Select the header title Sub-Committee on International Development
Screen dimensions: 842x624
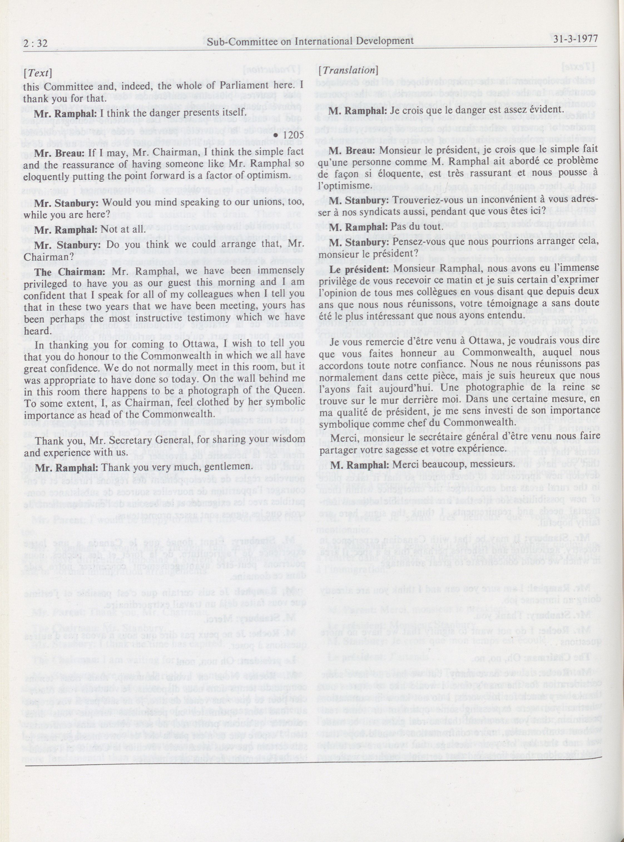pyautogui.click(x=309, y=41)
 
